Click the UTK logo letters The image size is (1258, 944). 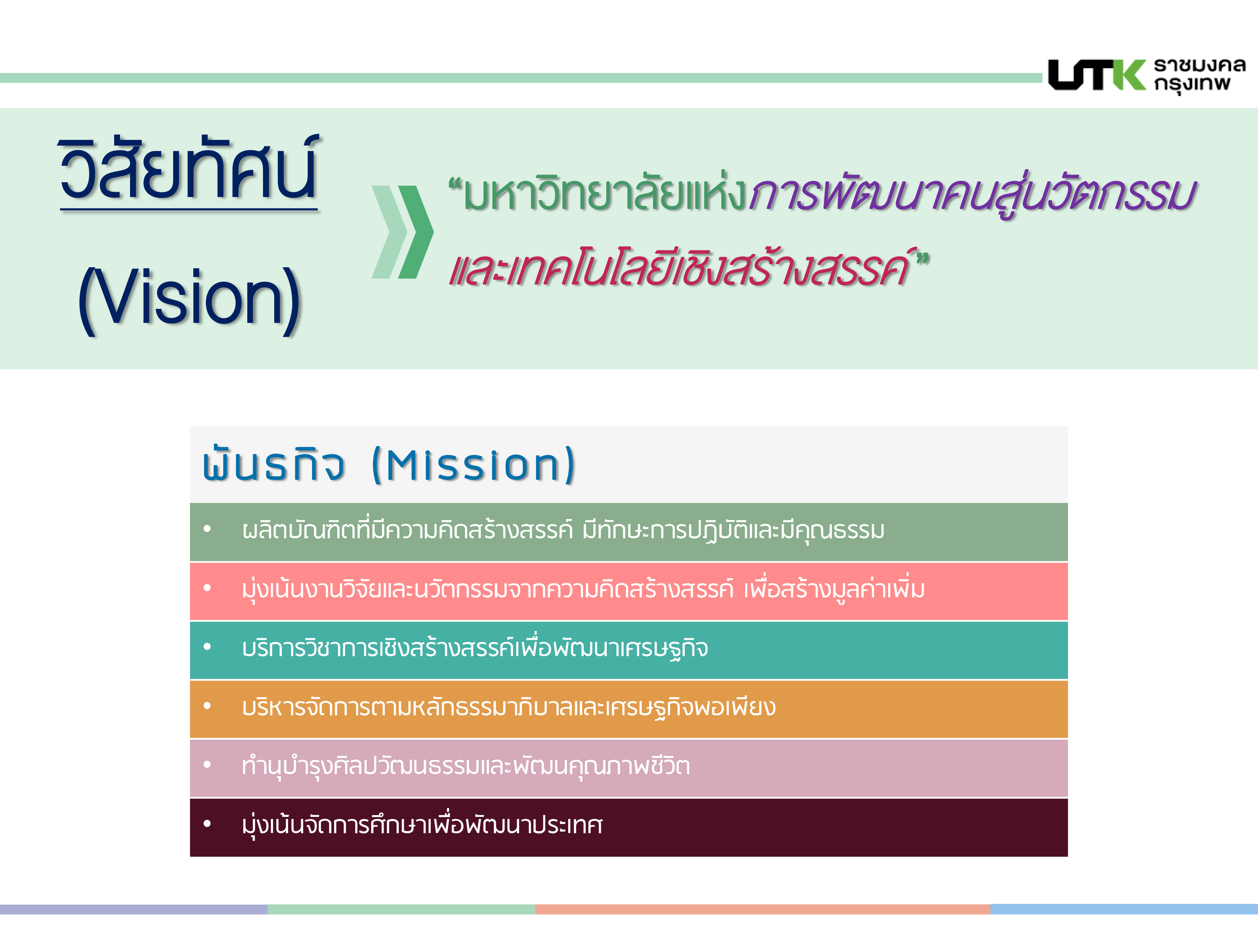1097,75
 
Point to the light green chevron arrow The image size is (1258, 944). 390,232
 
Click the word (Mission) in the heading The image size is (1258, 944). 473,465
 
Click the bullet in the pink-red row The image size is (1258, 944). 207,588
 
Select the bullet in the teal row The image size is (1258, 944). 207,647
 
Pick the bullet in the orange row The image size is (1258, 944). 207,706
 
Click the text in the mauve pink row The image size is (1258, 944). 466,765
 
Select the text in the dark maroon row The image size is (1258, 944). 422,824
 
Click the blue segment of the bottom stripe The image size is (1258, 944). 1124,909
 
